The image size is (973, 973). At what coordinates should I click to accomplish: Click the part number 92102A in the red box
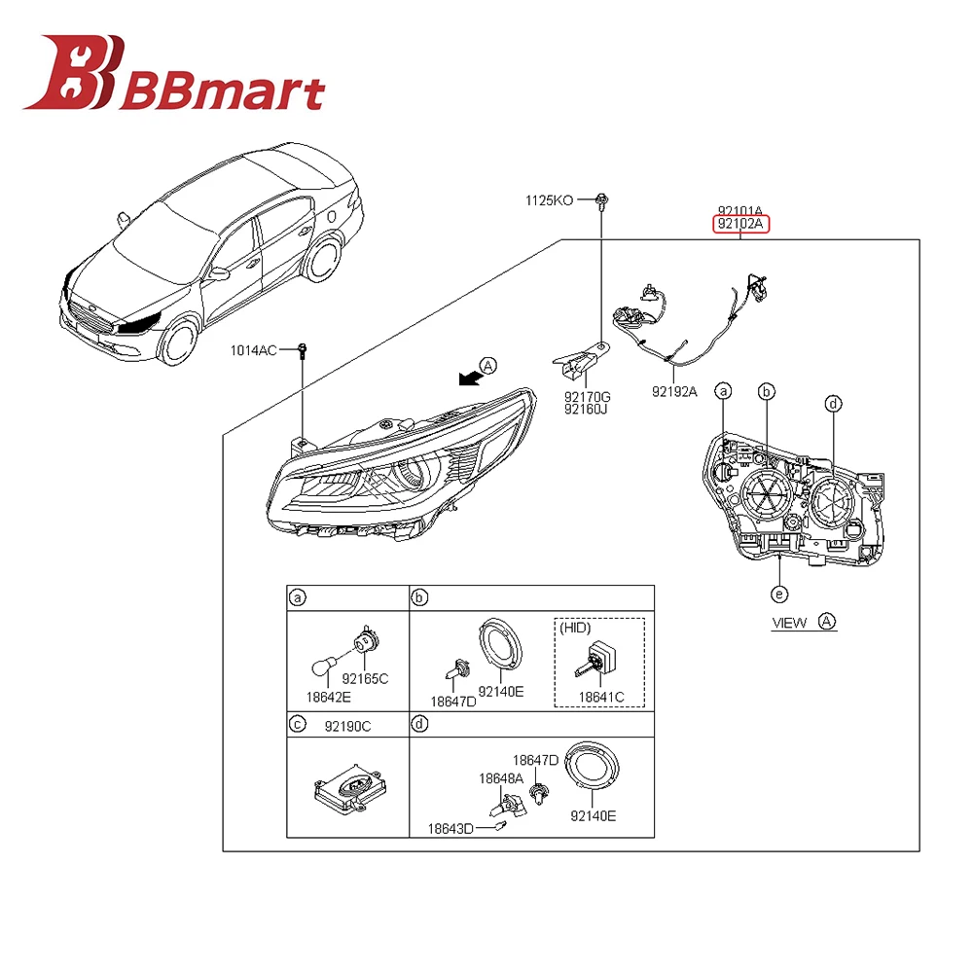[x=740, y=225]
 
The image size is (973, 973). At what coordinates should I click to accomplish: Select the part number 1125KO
[x=550, y=200]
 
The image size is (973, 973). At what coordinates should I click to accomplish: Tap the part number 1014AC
[x=254, y=349]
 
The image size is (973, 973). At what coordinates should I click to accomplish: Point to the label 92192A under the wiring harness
[x=674, y=392]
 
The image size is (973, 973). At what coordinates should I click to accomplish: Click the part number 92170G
[x=587, y=396]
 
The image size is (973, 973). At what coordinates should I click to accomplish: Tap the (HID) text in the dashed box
[x=575, y=629]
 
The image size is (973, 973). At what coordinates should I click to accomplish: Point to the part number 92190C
[x=347, y=725]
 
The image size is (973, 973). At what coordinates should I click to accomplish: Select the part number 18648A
[x=500, y=778]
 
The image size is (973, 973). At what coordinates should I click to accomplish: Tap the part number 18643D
[x=450, y=829]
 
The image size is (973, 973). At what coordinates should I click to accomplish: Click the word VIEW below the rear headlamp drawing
[x=789, y=623]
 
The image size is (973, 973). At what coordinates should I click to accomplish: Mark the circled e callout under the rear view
[x=778, y=594]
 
